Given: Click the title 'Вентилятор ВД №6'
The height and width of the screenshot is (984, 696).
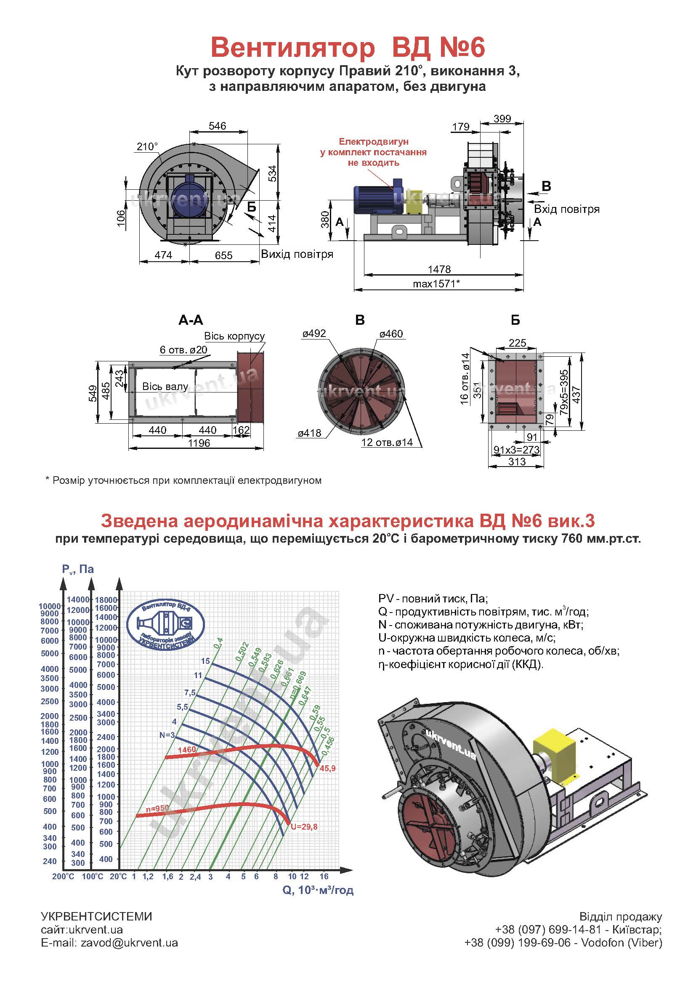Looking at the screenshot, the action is (x=348, y=48).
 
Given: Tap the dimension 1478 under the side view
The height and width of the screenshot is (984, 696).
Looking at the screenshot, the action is (x=439, y=269).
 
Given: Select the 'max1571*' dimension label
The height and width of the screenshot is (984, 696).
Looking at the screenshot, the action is (x=436, y=283).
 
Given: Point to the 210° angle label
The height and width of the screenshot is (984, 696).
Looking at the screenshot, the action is (x=147, y=146).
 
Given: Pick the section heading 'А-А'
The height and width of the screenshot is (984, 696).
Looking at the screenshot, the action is (x=191, y=320).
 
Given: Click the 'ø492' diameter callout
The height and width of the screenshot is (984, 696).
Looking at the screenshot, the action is (x=314, y=334).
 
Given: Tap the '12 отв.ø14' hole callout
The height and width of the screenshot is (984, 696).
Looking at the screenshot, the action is (x=387, y=442).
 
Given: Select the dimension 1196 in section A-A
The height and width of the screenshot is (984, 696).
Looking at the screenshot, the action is (x=199, y=443).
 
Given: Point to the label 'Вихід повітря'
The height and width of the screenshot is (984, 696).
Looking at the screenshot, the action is (x=297, y=254).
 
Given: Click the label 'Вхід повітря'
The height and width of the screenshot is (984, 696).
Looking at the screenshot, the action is (x=566, y=209).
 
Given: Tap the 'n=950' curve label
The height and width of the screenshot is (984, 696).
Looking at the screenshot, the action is (x=157, y=808).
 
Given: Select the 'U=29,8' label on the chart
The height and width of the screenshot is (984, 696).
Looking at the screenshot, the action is (x=304, y=827).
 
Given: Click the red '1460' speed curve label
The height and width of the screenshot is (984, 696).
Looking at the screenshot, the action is (x=187, y=750).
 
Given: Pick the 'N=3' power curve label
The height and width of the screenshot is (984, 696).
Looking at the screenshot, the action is (x=167, y=735).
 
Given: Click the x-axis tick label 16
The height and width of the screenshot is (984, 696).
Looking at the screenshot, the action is (x=324, y=876).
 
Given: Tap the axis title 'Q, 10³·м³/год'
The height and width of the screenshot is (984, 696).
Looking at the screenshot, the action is (x=318, y=890).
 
